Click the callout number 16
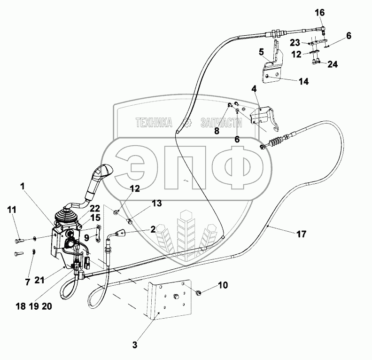coord(319,12)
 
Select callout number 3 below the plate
coord(135,345)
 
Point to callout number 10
coord(223,285)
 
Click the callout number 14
coord(303,81)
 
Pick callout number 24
coord(333,64)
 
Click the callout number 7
coord(28,282)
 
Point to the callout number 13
coord(156,203)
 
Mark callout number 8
coord(217,132)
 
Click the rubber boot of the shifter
coord(67,217)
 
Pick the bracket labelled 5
coord(273,66)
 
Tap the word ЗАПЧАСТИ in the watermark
coord(221,123)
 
